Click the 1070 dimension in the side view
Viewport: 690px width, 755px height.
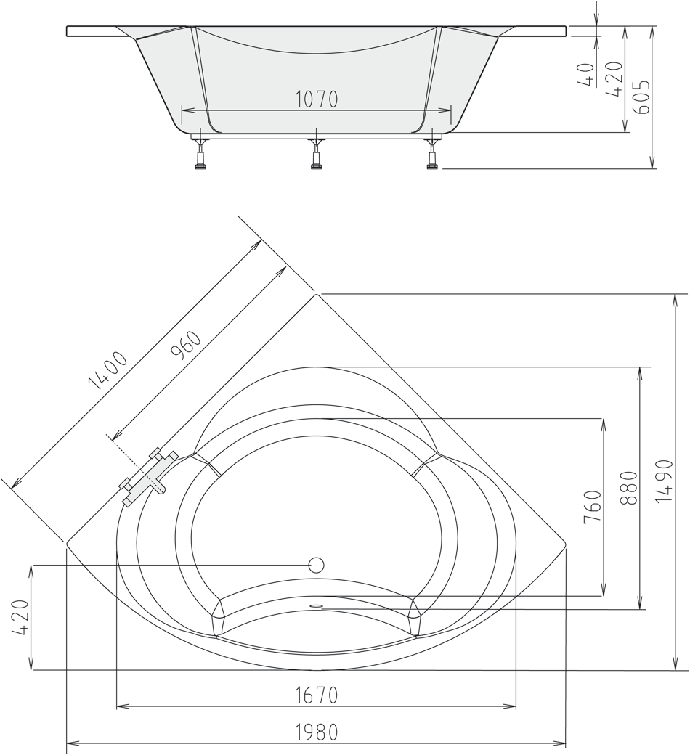[x=317, y=99]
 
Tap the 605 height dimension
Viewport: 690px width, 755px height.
[x=641, y=93]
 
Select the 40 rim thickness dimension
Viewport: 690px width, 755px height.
[x=586, y=73]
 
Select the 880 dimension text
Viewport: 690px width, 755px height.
[x=629, y=488]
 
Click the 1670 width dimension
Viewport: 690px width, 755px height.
[x=316, y=695]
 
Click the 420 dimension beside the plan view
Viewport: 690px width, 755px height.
[x=20, y=618]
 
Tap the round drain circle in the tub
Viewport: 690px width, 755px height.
[x=316, y=564]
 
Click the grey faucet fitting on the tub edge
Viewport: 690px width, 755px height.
[x=150, y=478]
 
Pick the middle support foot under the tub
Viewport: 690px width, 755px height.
[x=316, y=155]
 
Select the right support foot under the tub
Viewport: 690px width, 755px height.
[x=432, y=155]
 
